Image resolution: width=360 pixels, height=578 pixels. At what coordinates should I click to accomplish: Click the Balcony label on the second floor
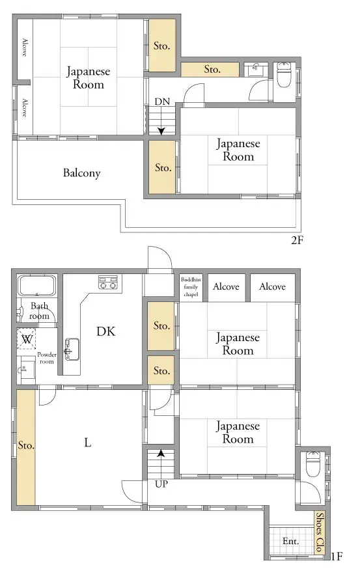pos(81,173)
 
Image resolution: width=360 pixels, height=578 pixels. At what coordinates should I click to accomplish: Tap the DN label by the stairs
pos(162,102)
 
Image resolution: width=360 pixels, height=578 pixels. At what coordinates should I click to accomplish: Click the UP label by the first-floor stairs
pos(161,484)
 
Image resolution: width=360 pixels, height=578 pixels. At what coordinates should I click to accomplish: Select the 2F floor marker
pos(297,240)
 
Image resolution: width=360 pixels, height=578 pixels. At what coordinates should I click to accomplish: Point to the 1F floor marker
pos(337,556)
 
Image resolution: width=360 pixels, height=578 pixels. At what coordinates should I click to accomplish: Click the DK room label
pos(106,331)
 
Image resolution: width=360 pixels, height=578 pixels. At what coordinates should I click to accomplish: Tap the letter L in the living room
pos(87,443)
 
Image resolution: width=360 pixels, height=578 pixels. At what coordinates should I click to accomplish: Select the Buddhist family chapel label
pos(191,287)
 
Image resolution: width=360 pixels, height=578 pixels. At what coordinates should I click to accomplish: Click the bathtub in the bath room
pos(37,285)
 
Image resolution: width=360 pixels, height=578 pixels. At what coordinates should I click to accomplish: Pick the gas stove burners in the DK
pos(107,282)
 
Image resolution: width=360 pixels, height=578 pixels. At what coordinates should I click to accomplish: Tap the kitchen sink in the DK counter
pos(72,349)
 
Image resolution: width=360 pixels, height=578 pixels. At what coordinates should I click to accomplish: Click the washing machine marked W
pos(27,338)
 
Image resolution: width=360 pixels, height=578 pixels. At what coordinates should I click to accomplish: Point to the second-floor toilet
pos(284,75)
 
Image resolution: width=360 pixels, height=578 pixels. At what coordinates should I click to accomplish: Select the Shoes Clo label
pos(320,532)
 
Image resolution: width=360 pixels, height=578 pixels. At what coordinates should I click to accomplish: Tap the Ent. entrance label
pos(290,541)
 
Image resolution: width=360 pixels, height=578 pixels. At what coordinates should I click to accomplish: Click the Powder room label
pos(46,358)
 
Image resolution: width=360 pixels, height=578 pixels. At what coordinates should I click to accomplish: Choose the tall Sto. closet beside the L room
pos(26,448)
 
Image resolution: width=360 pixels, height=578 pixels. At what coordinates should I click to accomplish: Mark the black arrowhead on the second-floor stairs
pos(161,131)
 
